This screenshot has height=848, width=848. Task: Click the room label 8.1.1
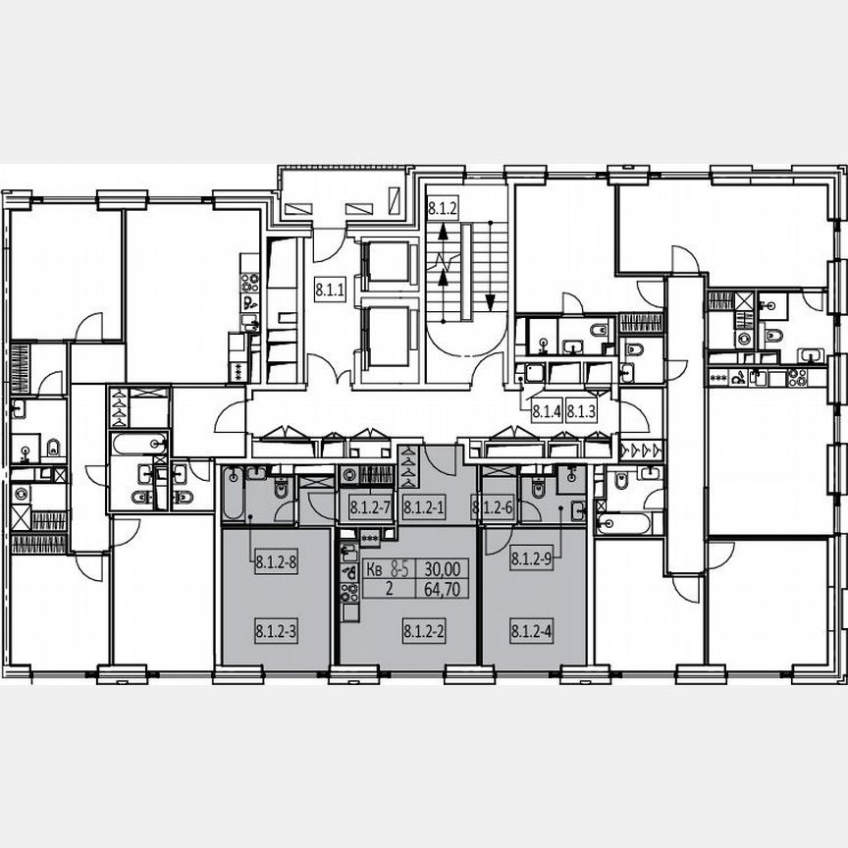coord(330,290)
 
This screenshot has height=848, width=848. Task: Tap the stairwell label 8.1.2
coord(442,208)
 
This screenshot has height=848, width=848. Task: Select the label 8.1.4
coord(547,413)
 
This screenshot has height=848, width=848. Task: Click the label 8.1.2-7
coord(371,507)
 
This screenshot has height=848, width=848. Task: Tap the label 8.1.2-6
coord(493,507)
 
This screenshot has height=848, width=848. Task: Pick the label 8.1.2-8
coord(276,562)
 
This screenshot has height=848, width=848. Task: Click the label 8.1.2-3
coord(276,631)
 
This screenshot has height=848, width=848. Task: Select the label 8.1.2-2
coord(424,631)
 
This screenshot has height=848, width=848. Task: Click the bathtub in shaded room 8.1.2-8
coord(233,492)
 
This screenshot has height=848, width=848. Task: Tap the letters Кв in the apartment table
coord(374,568)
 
